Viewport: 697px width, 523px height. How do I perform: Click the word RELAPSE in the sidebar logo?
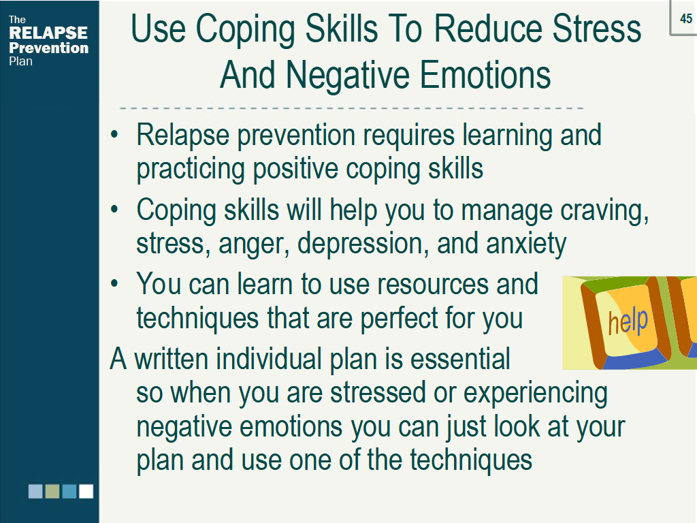coord(48,33)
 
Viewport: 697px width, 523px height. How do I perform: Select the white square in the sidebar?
coord(86,491)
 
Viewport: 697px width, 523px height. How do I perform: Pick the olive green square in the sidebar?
coord(52,491)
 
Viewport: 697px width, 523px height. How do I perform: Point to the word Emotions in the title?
coord(485,75)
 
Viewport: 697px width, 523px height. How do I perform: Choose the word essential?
coord(460,359)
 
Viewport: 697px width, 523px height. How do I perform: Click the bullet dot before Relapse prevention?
coord(114,134)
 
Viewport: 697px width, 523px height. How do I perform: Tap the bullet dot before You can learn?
coord(114,283)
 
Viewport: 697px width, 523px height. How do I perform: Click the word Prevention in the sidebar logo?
coord(49,48)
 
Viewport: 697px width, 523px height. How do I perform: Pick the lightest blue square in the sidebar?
coord(35,491)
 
